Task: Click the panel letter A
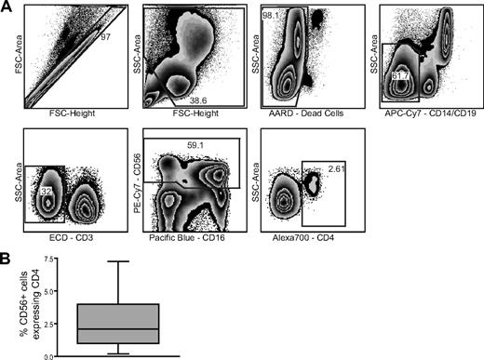pos(7,7)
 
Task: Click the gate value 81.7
pos(402,74)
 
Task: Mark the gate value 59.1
pos(195,145)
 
